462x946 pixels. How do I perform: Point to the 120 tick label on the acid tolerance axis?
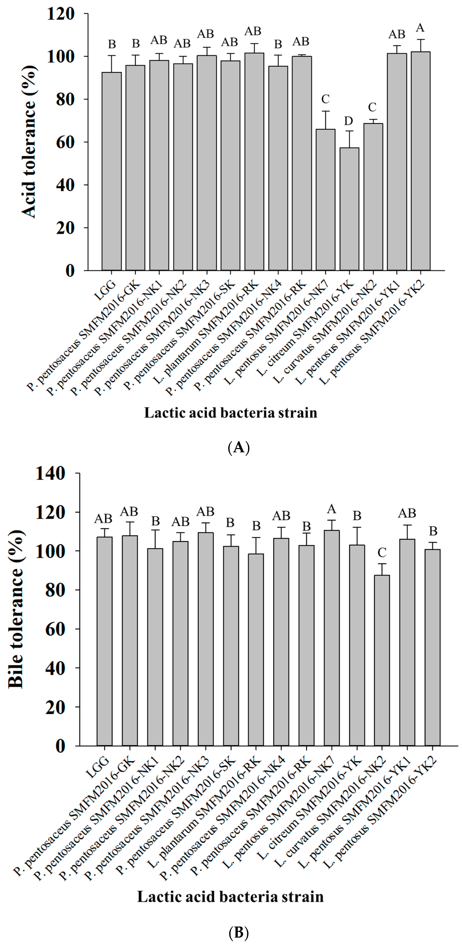coord(61,14)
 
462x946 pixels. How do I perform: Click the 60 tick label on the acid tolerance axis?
coord(65,142)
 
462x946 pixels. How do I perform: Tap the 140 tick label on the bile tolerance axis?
coord(51,474)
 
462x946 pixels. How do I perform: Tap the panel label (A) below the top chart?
coord(239,448)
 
